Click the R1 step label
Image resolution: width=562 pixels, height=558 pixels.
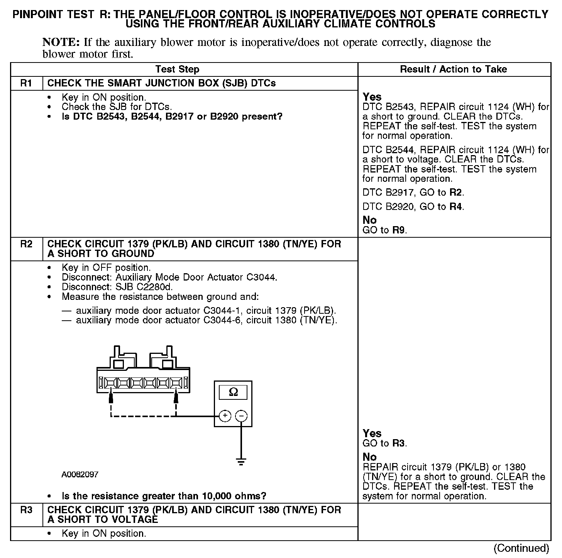tap(26, 83)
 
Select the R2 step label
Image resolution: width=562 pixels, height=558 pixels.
tap(26, 244)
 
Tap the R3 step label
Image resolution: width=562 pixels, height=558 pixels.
tap(26, 510)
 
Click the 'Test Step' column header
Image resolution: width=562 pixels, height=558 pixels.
tap(177, 69)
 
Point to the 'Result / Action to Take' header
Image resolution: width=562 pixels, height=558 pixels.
tap(454, 69)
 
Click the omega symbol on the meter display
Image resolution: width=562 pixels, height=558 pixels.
tap(233, 392)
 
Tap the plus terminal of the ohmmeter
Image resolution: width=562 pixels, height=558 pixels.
tap(225, 416)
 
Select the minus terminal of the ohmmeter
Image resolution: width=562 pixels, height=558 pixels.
tap(241, 416)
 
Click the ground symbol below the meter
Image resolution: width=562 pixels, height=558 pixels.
tap(241, 462)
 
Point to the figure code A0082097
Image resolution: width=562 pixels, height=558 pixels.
tap(80, 474)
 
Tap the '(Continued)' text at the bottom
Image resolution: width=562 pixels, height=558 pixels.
tap(521, 548)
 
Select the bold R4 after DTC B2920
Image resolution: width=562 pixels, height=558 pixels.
tap(456, 206)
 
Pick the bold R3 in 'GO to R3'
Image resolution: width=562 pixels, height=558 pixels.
tap(399, 443)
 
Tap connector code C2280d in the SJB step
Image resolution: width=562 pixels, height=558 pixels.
tap(154, 287)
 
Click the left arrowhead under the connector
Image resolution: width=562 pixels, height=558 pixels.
tap(111, 396)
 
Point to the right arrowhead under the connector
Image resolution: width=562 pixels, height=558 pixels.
tap(176, 396)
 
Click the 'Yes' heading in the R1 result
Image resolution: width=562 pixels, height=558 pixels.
tap(372, 97)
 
